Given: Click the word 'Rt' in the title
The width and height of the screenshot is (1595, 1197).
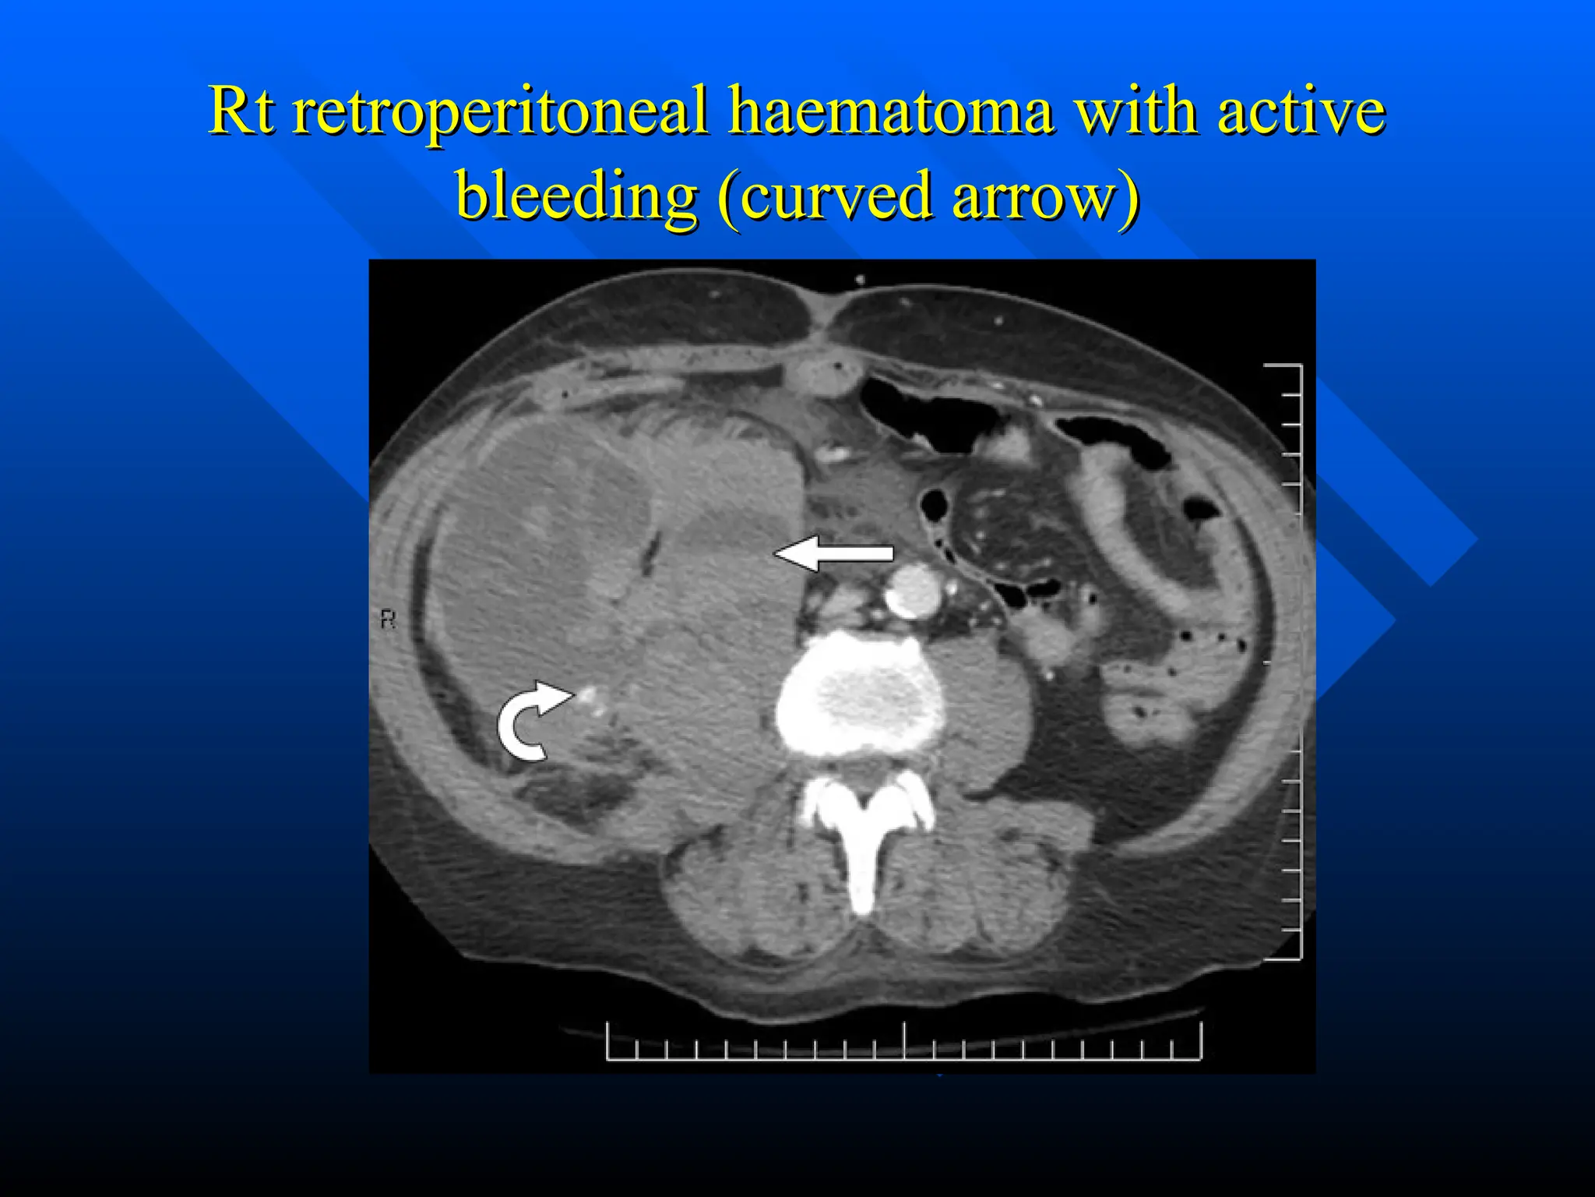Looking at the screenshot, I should pos(241,111).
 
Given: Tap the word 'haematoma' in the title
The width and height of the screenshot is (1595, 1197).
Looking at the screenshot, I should pos(891,111).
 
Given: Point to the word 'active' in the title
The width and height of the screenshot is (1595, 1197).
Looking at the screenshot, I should pos(1301,111).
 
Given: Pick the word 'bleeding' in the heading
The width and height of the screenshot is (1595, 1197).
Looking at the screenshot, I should pos(576,196).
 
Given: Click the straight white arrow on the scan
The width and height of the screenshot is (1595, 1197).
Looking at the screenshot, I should pos(833,553).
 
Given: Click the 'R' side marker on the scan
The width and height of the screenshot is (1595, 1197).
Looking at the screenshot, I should pos(388,620).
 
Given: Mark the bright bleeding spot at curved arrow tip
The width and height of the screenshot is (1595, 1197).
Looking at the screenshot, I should pos(588,693).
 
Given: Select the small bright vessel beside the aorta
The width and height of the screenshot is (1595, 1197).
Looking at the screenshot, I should pos(952,584).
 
